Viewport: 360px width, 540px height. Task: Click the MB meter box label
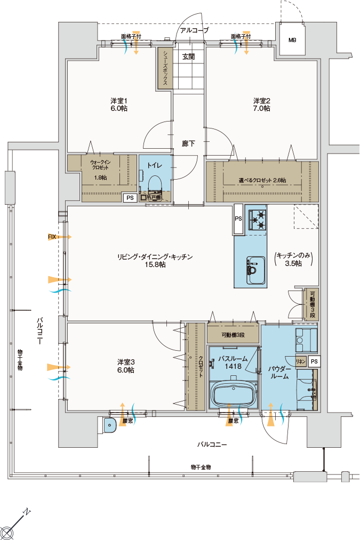tap(292, 41)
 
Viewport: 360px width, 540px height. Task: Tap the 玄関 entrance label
tap(188, 57)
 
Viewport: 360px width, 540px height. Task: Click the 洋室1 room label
tap(119, 101)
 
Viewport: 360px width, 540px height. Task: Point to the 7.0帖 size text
tap(262, 109)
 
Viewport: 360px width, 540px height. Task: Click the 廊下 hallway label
tap(188, 143)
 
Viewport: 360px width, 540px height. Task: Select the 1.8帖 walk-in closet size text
tap(100, 178)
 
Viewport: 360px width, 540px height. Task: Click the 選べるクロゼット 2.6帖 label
tap(262, 180)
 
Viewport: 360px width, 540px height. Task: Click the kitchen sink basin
tap(255, 270)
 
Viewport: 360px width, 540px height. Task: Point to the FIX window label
tap(52, 237)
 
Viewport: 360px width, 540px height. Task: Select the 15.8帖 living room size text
tap(155, 264)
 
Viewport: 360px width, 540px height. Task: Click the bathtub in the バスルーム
tap(234, 394)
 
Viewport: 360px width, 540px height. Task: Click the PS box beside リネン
tap(314, 361)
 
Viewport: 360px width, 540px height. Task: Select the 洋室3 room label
tap(126, 362)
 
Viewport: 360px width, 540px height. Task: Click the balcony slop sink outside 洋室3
tap(109, 425)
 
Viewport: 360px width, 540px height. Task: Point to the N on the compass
tap(27, 512)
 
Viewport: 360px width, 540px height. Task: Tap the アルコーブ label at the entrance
tap(195, 30)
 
